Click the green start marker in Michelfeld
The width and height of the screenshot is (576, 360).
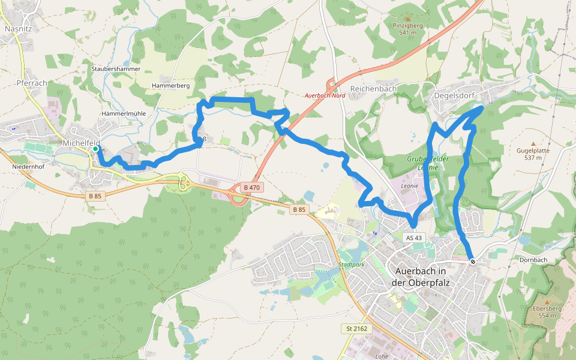point(95,148)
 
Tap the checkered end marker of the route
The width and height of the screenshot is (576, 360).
point(473,261)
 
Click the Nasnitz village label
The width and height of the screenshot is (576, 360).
point(17,28)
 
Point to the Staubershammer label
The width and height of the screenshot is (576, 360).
point(116,69)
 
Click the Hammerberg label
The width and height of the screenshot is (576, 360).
point(171,86)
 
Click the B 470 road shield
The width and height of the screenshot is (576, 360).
point(251,188)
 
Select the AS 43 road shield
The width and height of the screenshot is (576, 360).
point(414,238)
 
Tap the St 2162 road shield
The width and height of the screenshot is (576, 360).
point(356,329)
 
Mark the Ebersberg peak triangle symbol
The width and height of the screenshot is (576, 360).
point(547,301)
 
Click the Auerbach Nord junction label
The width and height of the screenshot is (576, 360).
point(325,96)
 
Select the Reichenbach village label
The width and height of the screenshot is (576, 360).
point(373,88)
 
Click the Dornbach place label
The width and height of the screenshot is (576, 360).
point(533,260)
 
